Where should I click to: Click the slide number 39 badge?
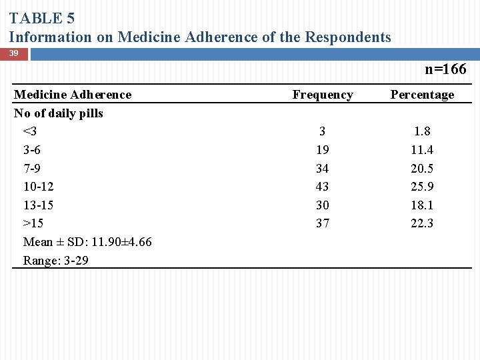coord(14,53)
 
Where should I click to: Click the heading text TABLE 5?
coord(42,19)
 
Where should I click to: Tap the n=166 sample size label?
coord(445,69)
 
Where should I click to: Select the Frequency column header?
coord(323,95)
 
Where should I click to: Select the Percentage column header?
coord(422,95)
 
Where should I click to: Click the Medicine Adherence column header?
coord(73,95)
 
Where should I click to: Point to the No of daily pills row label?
coord(59,113)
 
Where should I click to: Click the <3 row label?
coord(29,131)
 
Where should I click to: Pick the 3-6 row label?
coord(31,150)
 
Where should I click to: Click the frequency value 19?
coord(323,150)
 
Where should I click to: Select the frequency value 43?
coord(323,187)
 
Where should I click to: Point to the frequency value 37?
coord(323,223)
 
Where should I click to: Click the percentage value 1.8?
coord(422,131)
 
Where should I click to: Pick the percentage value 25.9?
coord(422,187)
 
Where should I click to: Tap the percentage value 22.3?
coord(422,223)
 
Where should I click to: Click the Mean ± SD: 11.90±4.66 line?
coord(87,242)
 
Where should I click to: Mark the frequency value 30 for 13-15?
coord(323,205)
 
